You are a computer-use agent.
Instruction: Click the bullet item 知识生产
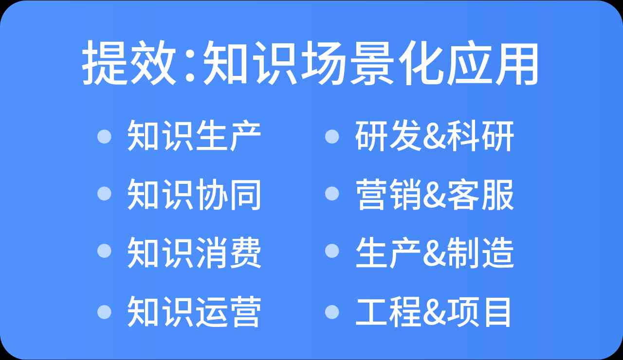[194, 136]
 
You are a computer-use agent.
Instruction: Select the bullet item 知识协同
[194, 194]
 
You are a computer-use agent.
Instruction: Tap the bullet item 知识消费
[194, 252]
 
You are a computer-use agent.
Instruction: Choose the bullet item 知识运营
[194, 311]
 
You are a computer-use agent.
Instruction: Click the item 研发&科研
[435, 136]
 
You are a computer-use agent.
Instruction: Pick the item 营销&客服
[435, 194]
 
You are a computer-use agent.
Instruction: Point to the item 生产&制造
[435, 252]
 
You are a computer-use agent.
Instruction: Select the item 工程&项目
[433, 312]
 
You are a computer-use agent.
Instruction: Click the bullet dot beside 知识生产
[105, 137]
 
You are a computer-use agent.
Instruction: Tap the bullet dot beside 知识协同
[105, 194]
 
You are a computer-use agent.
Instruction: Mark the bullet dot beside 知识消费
[105, 251]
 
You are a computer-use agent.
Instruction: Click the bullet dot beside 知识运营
[105, 312]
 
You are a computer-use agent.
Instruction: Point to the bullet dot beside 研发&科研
[332, 137]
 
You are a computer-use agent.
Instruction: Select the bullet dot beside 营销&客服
[332, 194]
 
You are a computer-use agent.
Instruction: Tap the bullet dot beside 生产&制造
[332, 251]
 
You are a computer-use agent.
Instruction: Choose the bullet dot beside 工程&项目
[332, 312]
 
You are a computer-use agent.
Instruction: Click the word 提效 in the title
[129, 63]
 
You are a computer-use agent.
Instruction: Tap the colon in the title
[190, 63]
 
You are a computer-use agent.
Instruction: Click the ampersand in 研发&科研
[434, 137]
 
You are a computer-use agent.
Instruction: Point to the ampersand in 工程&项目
[434, 312]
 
